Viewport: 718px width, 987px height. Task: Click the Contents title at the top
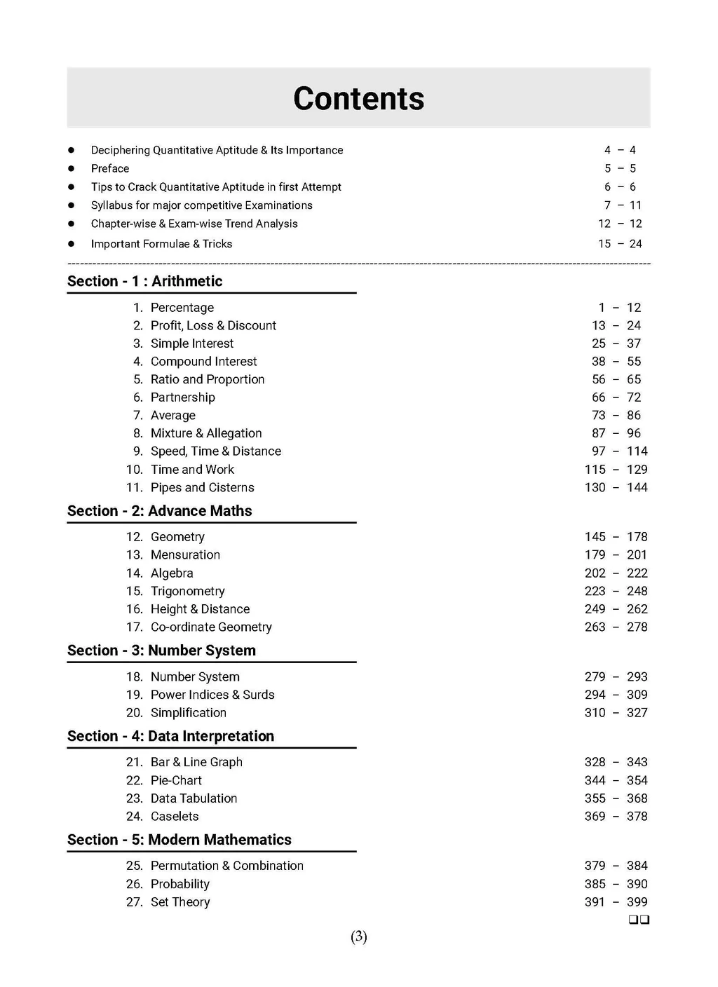pos(358,99)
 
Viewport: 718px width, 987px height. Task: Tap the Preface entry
pos(110,168)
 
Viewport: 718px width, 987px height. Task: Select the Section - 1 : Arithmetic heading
pos(144,281)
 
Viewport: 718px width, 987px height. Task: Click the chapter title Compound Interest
pos(203,361)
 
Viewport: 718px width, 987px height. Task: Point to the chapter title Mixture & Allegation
pos(206,433)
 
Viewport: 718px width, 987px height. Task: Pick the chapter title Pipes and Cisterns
pos(202,487)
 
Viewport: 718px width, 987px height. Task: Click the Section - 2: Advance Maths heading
pos(159,511)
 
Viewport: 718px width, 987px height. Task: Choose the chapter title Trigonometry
pos(187,591)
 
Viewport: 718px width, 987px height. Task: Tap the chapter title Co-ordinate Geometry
pos(211,627)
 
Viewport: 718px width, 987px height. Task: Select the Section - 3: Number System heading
pos(161,651)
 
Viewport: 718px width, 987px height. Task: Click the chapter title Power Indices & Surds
pos(212,695)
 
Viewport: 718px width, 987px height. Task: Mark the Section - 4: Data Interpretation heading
pos(170,736)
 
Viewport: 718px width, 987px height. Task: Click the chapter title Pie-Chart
pos(176,780)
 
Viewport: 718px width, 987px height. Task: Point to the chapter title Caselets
pos(175,816)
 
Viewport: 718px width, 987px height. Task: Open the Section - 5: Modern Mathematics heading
pos(179,840)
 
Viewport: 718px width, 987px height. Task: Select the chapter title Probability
pos(180,884)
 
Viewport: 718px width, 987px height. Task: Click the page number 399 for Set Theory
pos(637,902)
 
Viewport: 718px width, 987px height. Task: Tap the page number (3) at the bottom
pos(358,937)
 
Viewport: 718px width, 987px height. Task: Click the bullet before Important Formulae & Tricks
pos(71,244)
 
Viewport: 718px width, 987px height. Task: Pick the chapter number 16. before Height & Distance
pos(134,609)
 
